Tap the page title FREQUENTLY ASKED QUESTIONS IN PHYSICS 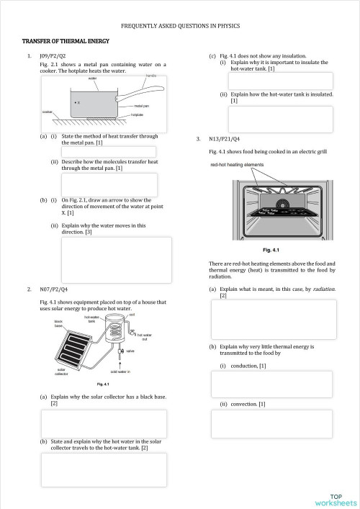[x=180, y=26]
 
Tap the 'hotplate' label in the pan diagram [x=138, y=114]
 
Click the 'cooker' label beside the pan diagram [x=48, y=112]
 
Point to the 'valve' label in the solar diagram [x=130, y=351]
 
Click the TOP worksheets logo [x=335, y=500]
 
